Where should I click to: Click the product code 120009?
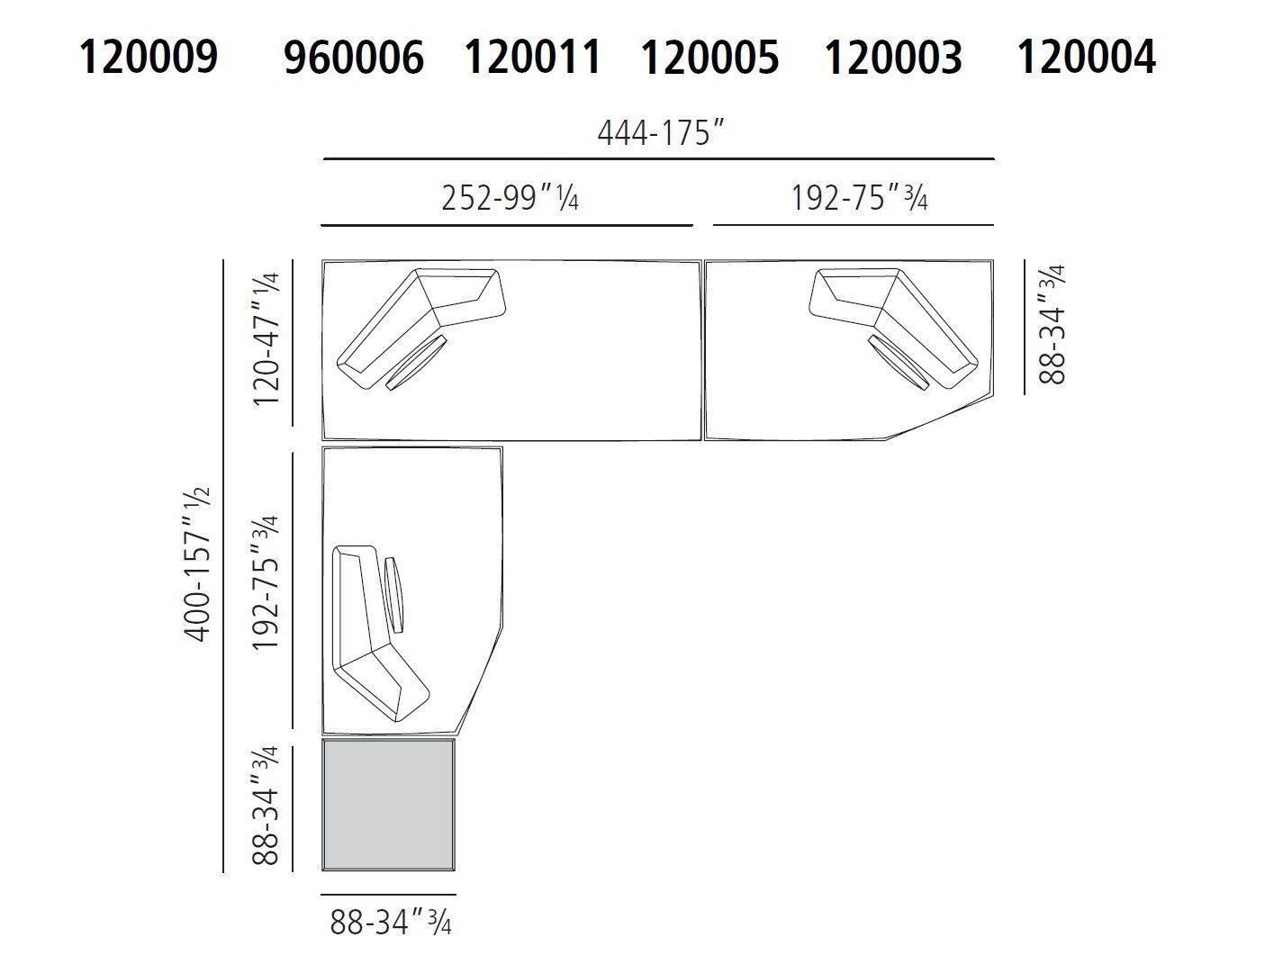[149, 58]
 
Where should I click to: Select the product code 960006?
[353, 58]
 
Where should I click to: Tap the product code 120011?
[531, 58]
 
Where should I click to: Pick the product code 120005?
[709, 58]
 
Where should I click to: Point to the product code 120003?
[893, 58]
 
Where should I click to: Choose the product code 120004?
[1086, 58]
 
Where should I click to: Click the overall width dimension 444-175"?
[661, 133]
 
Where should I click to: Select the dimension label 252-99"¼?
[510, 197]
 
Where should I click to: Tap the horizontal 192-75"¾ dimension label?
[859, 197]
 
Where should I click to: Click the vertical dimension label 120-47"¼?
[268, 339]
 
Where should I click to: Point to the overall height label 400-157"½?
[197, 564]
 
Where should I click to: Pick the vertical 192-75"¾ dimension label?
[266, 583]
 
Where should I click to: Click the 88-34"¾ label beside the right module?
[1052, 324]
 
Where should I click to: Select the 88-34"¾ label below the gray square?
[391, 921]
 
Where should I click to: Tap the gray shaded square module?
[388, 805]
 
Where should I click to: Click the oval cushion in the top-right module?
[899, 361]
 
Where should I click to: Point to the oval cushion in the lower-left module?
[395, 595]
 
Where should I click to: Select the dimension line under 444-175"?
[659, 159]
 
